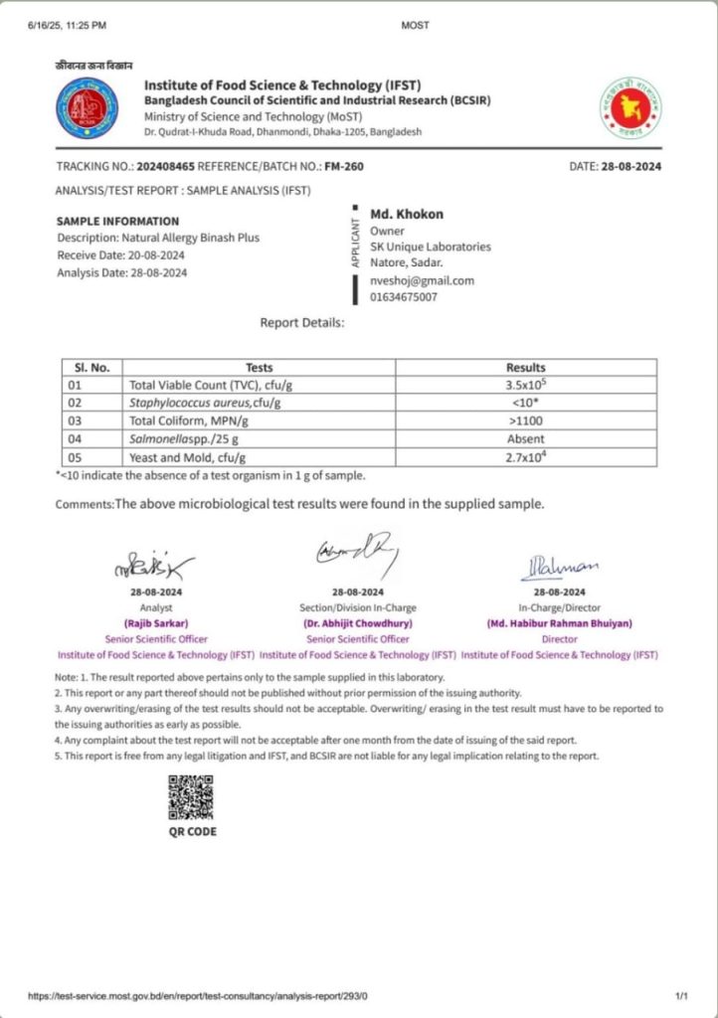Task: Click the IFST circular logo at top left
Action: click(x=88, y=107)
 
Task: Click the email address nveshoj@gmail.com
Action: click(x=422, y=280)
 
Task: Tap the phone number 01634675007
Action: click(x=403, y=296)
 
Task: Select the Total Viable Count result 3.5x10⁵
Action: click(x=525, y=385)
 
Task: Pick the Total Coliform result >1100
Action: click(x=525, y=421)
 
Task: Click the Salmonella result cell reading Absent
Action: click(x=525, y=438)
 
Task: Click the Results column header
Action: click(x=525, y=367)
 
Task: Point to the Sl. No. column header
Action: click(x=91, y=367)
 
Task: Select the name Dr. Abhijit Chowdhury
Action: click(x=358, y=623)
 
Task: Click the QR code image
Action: click(x=191, y=795)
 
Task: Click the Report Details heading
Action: click(x=302, y=323)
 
